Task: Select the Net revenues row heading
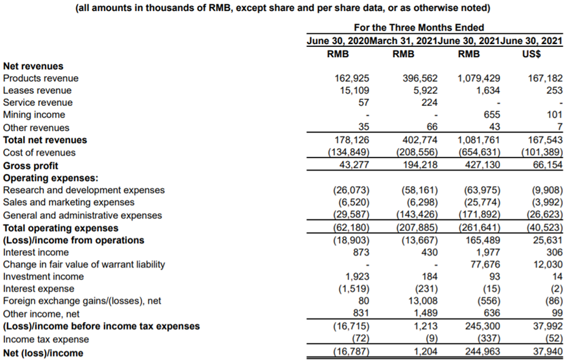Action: point(33,67)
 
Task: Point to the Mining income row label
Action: point(34,115)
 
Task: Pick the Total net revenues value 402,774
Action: point(417,140)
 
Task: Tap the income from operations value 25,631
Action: point(544,240)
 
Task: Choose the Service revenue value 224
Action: point(428,103)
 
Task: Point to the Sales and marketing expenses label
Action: point(69,202)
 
